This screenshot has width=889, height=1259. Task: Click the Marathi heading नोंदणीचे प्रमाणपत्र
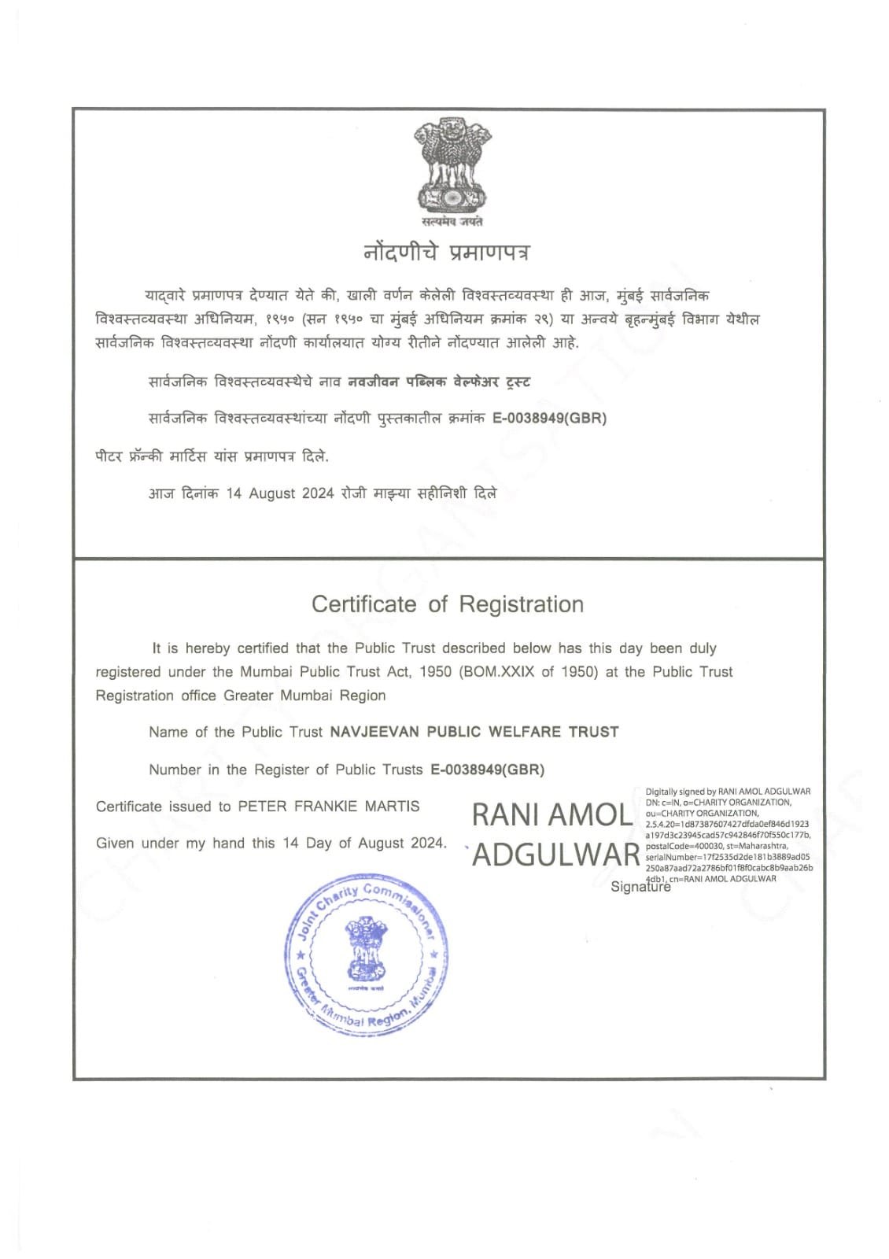[x=446, y=253]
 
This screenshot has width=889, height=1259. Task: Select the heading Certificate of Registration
[x=448, y=604]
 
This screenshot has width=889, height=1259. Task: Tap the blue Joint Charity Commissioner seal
[x=367, y=957]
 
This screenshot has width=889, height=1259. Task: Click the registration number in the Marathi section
[x=549, y=418]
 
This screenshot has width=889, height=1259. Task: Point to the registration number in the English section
[x=487, y=770]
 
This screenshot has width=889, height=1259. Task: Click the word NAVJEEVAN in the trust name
[x=374, y=732]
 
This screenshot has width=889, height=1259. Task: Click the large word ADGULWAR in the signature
[x=555, y=855]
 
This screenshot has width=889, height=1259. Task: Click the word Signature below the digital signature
[x=640, y=887]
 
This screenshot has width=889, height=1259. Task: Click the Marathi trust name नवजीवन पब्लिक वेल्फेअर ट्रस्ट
[x=439, y=382]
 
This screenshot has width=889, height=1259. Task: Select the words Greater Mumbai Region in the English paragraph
[x=304, y=696]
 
